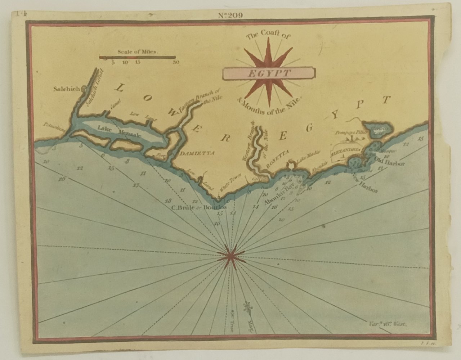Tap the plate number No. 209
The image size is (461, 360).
click(230, 15)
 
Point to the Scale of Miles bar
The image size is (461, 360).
click(137, 57)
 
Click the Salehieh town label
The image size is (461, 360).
click(66, 89)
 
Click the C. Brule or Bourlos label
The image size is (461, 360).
click(198, 207)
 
